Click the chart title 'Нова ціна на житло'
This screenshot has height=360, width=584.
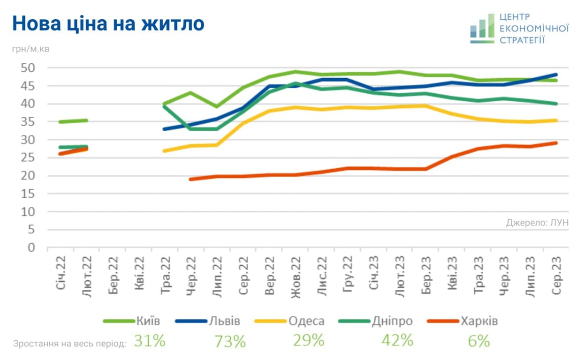click(x=108, y=23)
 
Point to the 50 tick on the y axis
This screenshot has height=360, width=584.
click(x=28, y=68)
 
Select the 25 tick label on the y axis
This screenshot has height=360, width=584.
click(x=28, y=158)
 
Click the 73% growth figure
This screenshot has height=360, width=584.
click(x=230, y=341)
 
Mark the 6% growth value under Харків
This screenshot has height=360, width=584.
click(x=478, y=341)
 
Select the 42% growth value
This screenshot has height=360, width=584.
click(x=397, y=340)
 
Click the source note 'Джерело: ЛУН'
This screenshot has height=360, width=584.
click(x=537, y=223)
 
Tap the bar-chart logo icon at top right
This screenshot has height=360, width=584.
click(x=482, y=29)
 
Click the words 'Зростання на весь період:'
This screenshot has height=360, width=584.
click(x=70, y=344)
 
